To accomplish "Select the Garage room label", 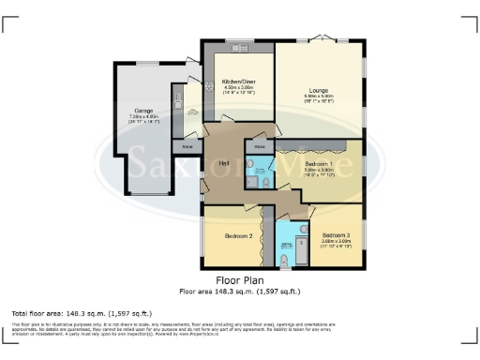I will tap(144, 111).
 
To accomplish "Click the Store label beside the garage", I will tap(187, 147).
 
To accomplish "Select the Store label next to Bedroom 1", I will tap(260, 147).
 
